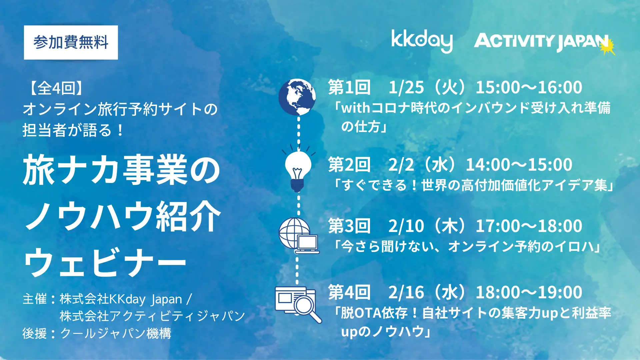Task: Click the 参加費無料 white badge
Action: pyautogui.click(x=71, y=42)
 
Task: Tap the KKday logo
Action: pyautogui.click(x=422, y=41)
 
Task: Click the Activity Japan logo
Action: pyautogui.click(x=542, y=42)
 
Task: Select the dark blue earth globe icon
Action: pyautogui.click(x=297, y=97)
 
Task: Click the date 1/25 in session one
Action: pyautogui.click(x=406, y=87)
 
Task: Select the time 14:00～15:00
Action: pyautogui.click(x=519, y=165)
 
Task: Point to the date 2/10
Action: pyautogui.click(x=406, y=226)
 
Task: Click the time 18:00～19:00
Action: pyautogui.click(x=529, y=292)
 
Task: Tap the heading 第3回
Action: pyautogui.click(x=349, y=226)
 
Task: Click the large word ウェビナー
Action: pyautogui.click(x=105, y=262)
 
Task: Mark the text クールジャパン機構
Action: pyautogui.click(x=116, y=333)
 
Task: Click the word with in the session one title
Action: pyautogui.click(x=355, y=108)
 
